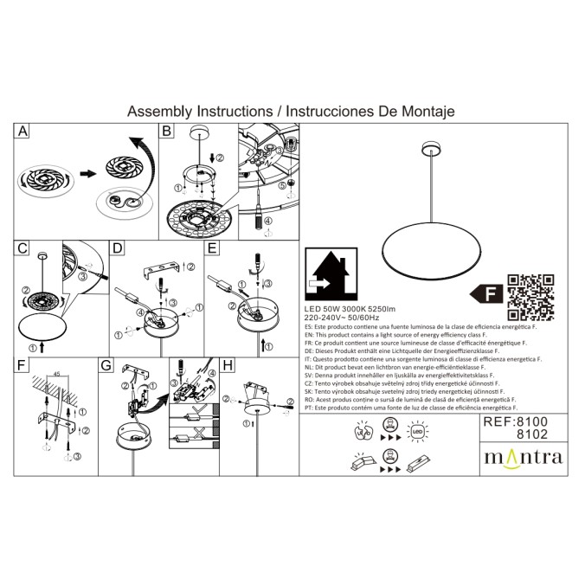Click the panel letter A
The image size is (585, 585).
pyautogui.click(x=23, y=132)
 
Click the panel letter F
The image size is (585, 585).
pyautogui.click(x=22, y=366)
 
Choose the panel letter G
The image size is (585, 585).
pyautogui.click(x=106, y=366)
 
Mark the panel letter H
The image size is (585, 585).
pyautogui.click(x=228, y=366)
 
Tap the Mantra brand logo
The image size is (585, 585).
pyautogui.click(x=522, y=456)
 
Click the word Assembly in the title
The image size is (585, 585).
pyautogui.click(x=159, y=112)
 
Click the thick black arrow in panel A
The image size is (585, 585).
pyautogui.click(x=85, y=173)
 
